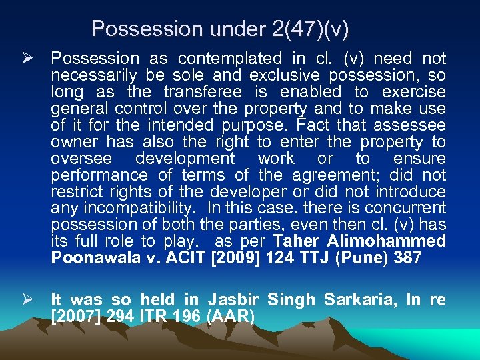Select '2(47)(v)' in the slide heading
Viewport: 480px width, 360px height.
311,29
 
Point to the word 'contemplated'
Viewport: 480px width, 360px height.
230,59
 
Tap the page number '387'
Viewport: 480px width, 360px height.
408,259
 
